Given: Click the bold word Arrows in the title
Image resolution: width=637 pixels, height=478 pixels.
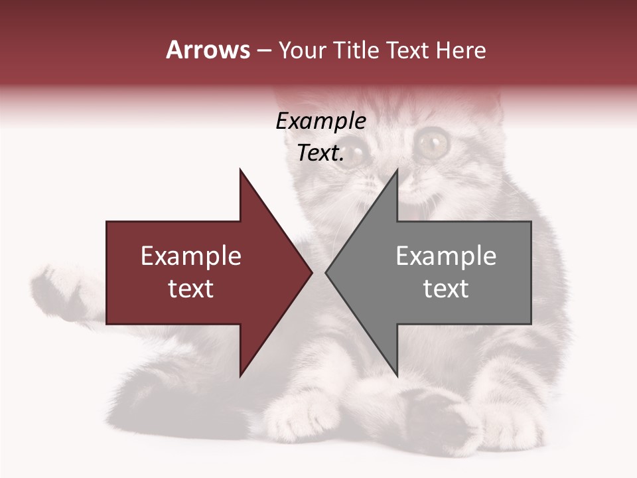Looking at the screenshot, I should click(x=208, y=50).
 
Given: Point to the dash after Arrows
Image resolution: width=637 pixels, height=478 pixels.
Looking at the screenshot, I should click(x=263, y=51).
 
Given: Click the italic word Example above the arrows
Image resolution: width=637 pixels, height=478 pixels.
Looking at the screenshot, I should click(x=321, y=121).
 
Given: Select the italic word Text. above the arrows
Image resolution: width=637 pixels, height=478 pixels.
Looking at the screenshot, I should click(x=321, y=153).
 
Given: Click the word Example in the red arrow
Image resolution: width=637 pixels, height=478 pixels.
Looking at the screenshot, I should click(x=191, y=256).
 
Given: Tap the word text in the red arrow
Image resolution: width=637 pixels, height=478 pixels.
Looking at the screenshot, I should click(x=191, y=289).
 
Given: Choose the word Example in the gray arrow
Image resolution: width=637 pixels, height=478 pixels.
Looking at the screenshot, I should click(x=446, y=256).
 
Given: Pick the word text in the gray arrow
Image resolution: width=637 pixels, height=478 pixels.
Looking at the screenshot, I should click(x=446, y=289).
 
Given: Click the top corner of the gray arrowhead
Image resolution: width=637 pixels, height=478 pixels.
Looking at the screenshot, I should click(x=397, y=170).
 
